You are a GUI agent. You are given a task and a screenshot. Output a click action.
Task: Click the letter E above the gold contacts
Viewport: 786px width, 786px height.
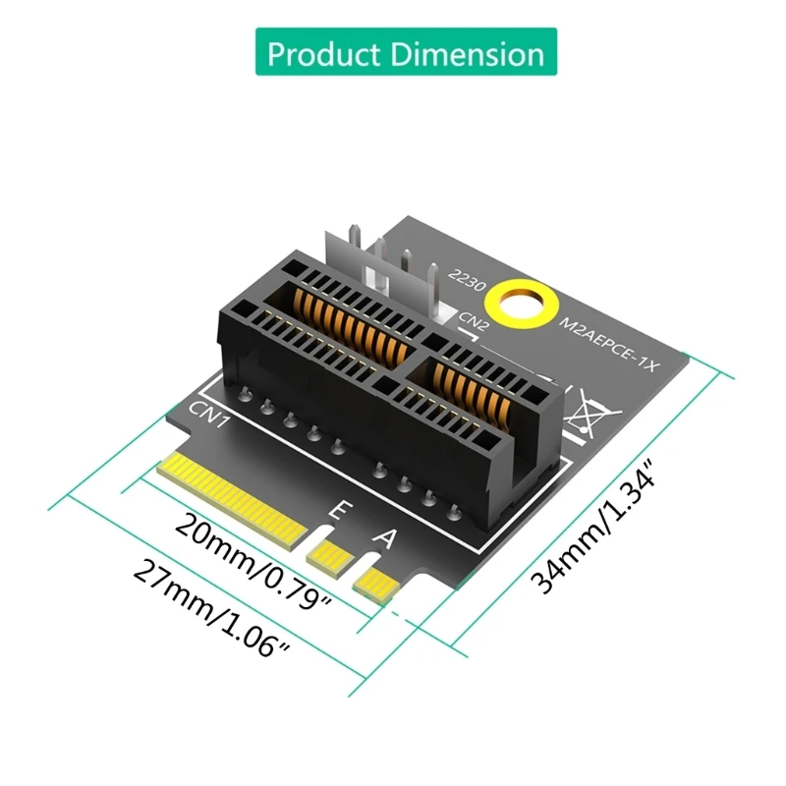click(x=337, y=511)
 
